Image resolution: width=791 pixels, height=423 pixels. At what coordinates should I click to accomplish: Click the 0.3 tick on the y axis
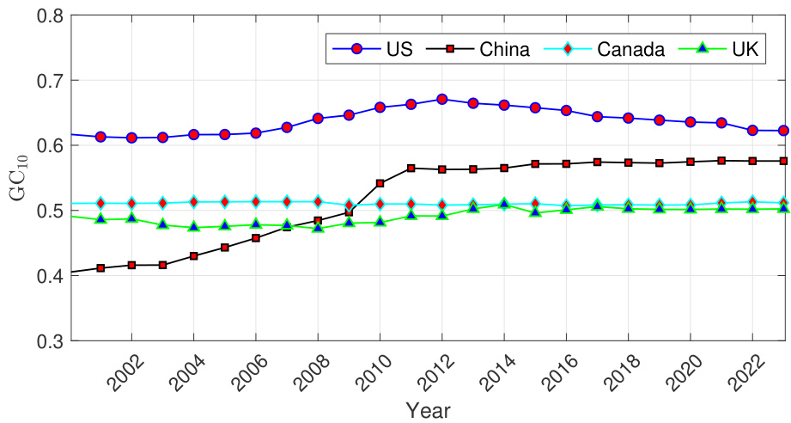(47, 341)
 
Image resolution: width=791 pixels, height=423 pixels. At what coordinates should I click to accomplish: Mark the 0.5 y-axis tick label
(47, 211)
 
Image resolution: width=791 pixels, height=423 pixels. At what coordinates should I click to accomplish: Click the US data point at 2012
(441, 99)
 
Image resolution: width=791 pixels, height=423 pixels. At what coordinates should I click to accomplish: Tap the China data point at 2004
(193, 256)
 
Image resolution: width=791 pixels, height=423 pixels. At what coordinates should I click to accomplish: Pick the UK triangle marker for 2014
(504, 205)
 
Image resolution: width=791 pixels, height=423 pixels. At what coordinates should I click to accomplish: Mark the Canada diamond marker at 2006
(255, 202)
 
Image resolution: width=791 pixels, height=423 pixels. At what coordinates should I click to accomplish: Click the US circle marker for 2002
(131, 138)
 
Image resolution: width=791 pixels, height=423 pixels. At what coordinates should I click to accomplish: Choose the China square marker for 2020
(691, 162)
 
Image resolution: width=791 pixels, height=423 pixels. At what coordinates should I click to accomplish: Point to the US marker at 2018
(628, 118)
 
